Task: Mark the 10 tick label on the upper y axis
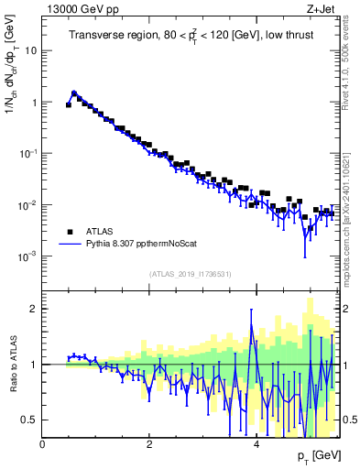(30, 51)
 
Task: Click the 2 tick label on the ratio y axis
(33, 309)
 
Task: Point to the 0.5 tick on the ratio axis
(29, 420)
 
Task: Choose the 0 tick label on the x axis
(43, 444)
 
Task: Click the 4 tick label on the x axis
(256, 444)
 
